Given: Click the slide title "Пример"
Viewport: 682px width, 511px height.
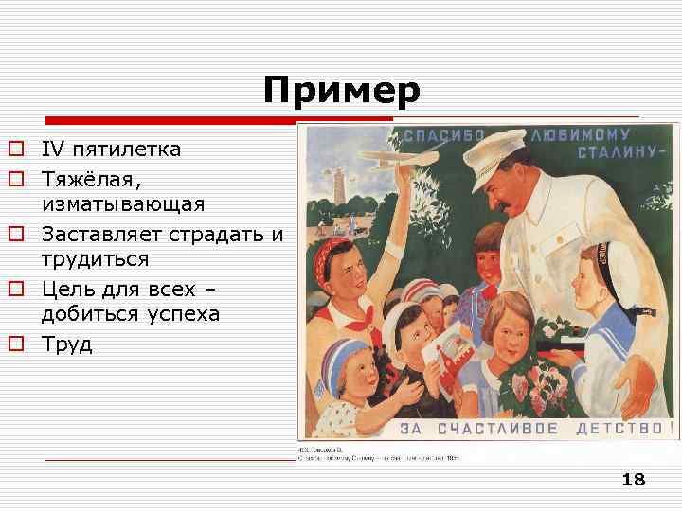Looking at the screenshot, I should click(341, 92).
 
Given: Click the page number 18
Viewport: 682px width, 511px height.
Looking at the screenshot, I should click(633, 480).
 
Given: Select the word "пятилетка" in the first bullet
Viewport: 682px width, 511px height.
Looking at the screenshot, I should click(128, 150).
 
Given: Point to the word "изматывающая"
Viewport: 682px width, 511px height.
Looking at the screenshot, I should click(123, 204).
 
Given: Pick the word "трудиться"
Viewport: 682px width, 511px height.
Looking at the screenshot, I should click(96, 259).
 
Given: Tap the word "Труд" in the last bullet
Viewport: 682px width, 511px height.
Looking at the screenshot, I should click(66, 343).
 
